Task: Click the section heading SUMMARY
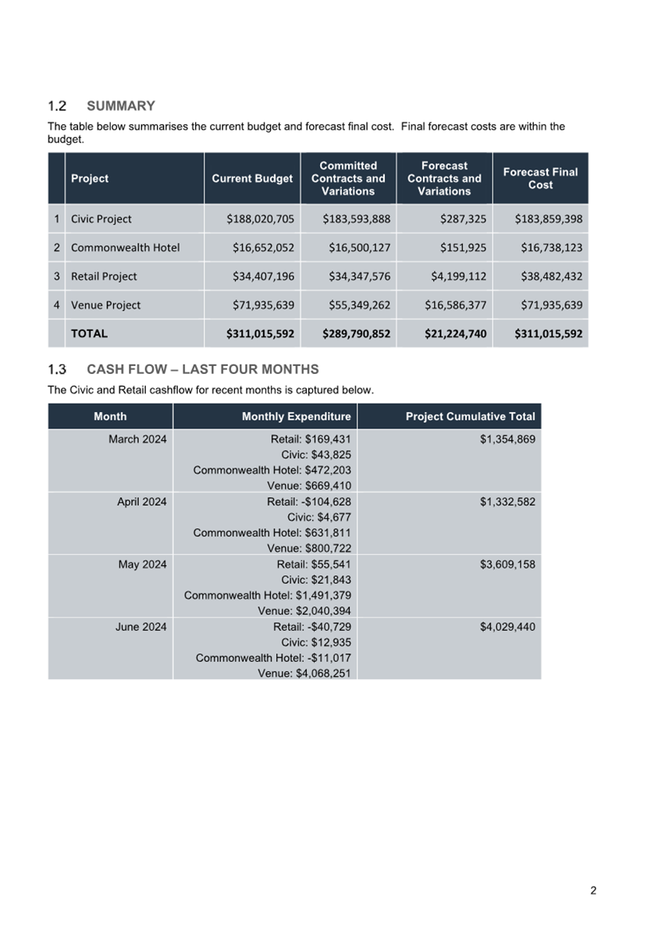coord(121,106)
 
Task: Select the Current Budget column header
coord(252,179)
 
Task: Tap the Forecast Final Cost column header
coord(540,179)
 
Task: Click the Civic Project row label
coord(101,219)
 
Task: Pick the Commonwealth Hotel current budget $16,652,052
coord(263,248)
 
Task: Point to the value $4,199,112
coord(455,276)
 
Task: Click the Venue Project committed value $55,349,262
coord(356,305)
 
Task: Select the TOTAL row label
coord(90,333)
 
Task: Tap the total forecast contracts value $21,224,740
coord(454,334)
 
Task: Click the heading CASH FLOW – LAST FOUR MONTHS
coord(203,369)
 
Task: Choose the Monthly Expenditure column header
coord(296,417)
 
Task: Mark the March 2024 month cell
coord(137,439)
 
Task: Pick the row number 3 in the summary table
coord(56,276)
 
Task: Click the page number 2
coord(593,891)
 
